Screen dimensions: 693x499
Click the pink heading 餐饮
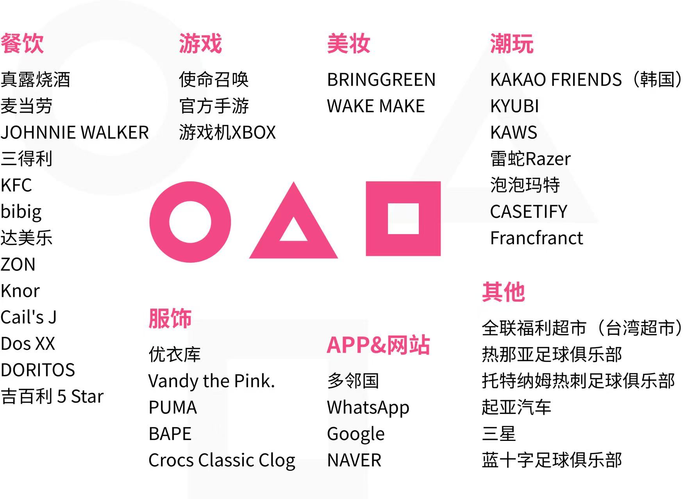click(22, 43)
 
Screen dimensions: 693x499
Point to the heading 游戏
click(200, 43)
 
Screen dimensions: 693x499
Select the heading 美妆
click(348, 43)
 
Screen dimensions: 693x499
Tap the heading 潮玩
click(512, 43)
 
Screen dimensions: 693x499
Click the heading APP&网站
click(379, 345)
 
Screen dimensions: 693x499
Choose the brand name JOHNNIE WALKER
click(75, 133)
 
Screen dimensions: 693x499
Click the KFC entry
click(16, 185)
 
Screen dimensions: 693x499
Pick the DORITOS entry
click(38, 370)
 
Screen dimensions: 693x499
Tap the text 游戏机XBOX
click(227, 133)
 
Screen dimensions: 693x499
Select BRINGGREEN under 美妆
click(381, 80)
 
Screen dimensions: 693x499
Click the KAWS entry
click(514, 133)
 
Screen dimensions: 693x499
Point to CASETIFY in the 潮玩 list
click(529, 212)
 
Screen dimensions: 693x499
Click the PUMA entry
click(173, 408)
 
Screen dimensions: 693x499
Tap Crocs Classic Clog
click(222, 461)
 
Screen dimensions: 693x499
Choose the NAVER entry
click(354, 460)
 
